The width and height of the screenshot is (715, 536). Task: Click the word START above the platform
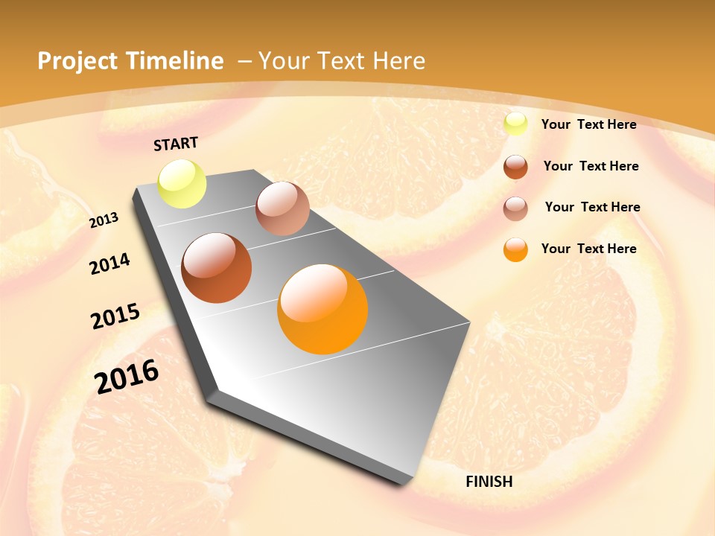176,144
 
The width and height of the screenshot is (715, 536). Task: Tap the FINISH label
489,482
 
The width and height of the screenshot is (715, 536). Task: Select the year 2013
104,220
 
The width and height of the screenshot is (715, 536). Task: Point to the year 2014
110,264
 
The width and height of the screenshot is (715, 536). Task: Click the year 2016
127,377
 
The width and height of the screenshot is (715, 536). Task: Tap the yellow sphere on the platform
182,183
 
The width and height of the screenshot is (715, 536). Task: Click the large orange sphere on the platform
322,309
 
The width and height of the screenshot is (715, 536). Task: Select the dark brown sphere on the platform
217,268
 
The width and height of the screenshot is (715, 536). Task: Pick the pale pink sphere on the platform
282,208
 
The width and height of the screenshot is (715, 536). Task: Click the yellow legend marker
515,124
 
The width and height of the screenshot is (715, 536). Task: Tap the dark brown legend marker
515,167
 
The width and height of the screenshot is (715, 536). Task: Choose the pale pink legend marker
515,208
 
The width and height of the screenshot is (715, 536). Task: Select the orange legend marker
515,249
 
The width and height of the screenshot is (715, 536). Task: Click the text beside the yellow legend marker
588,124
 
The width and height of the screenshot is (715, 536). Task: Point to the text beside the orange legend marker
588,249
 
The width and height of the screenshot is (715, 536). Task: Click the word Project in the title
77,61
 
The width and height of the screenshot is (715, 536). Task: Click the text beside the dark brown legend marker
591,166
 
